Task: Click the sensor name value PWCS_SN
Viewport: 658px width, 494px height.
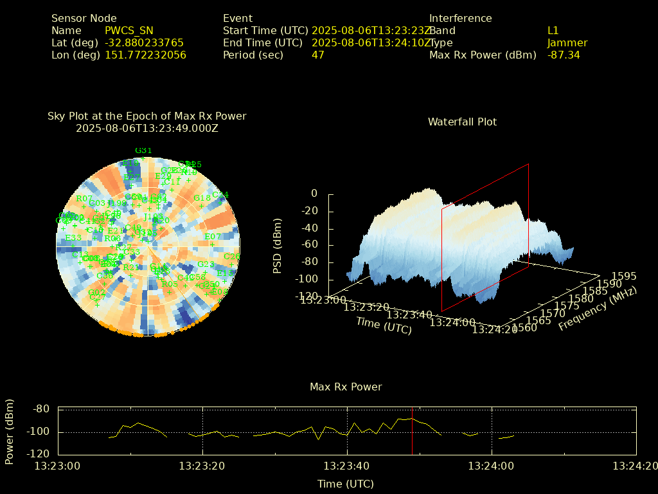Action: pyautogui.click(x=129, y=30)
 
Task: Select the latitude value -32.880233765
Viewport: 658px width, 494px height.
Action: pyautogui.click(x=144, y=42)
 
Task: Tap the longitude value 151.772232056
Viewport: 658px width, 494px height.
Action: pyautogui.click(x=145, y=55)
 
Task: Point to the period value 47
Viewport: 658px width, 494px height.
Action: pyautogui.click(x=317, y=55)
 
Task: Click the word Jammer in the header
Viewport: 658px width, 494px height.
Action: pyautogui.click(x=567, y=42)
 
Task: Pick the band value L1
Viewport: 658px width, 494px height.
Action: pyautogui.click(x=553, y=30)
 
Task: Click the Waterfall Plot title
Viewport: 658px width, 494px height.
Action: pyautogui.click(x=462, y=122)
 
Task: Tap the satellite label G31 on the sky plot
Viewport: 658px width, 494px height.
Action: pyautogui.click(x=143, y=151)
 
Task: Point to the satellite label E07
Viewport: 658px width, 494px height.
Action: pyautogui.click(x=212, y=237)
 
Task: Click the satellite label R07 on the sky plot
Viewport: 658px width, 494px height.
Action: pyautogui.click(x=84, y=199)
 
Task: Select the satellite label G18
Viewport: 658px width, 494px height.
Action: pyautogui.click(x=202, y=197)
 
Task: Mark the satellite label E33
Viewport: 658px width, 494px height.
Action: pyautogui.click(x=73, y=237)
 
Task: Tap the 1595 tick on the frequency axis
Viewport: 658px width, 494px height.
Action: pyautogui.click(x=624, y=276)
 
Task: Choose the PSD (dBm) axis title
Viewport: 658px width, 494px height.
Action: pyautogui.click(x=278, y=246)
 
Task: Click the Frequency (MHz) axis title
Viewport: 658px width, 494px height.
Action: pyautogui.click(x=598, y=309)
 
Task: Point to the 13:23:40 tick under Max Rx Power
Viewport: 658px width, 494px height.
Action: pyautogui.click(x=347, y=465)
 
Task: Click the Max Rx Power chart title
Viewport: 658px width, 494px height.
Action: pyautogui.click(x=346, y=387)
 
